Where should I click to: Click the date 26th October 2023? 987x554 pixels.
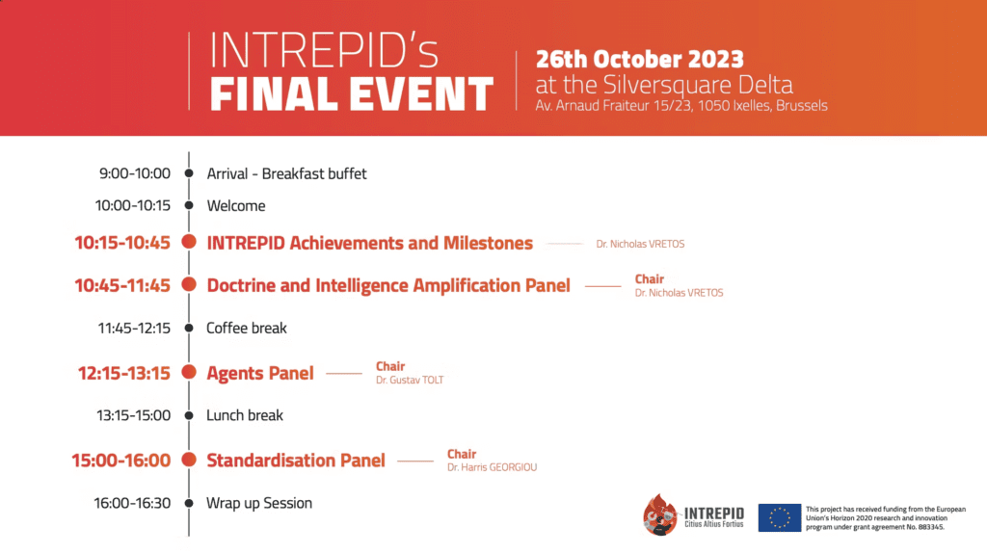(x=640, y=59)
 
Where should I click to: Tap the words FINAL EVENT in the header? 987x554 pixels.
(x=351, y=94)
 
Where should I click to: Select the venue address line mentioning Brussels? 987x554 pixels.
(x=681, y=106)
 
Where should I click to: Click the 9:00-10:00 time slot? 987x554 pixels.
(x=135, y=173)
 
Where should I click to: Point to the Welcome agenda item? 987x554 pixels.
(x=236, y=206)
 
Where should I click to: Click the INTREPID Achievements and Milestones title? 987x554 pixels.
(x=369, y=243)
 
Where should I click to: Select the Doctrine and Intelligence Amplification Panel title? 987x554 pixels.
(x=388, y=286)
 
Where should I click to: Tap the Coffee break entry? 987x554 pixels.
(x=247, y=328)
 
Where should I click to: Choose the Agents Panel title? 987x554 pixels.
(x=260, y=373)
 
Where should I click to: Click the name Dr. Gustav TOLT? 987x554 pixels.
(x=410, y=381)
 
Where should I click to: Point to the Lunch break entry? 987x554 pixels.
(x=245, y=415)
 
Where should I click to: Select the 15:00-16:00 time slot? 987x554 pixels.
(x=120, y=461)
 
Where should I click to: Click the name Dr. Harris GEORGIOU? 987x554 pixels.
(x=493, y=467)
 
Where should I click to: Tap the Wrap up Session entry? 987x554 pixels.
(x=259, y=503)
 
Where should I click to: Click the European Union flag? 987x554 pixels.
(x=779, y=517)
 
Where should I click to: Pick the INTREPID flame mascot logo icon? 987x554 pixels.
(x=659, y=514)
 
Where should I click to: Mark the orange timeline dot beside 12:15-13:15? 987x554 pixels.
(x=189, y=372)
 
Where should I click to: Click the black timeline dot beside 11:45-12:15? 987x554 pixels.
(x=189, y=328)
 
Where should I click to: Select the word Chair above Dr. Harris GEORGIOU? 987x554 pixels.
(x=462, y=454)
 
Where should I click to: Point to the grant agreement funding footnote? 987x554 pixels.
(x=886, y=518)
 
